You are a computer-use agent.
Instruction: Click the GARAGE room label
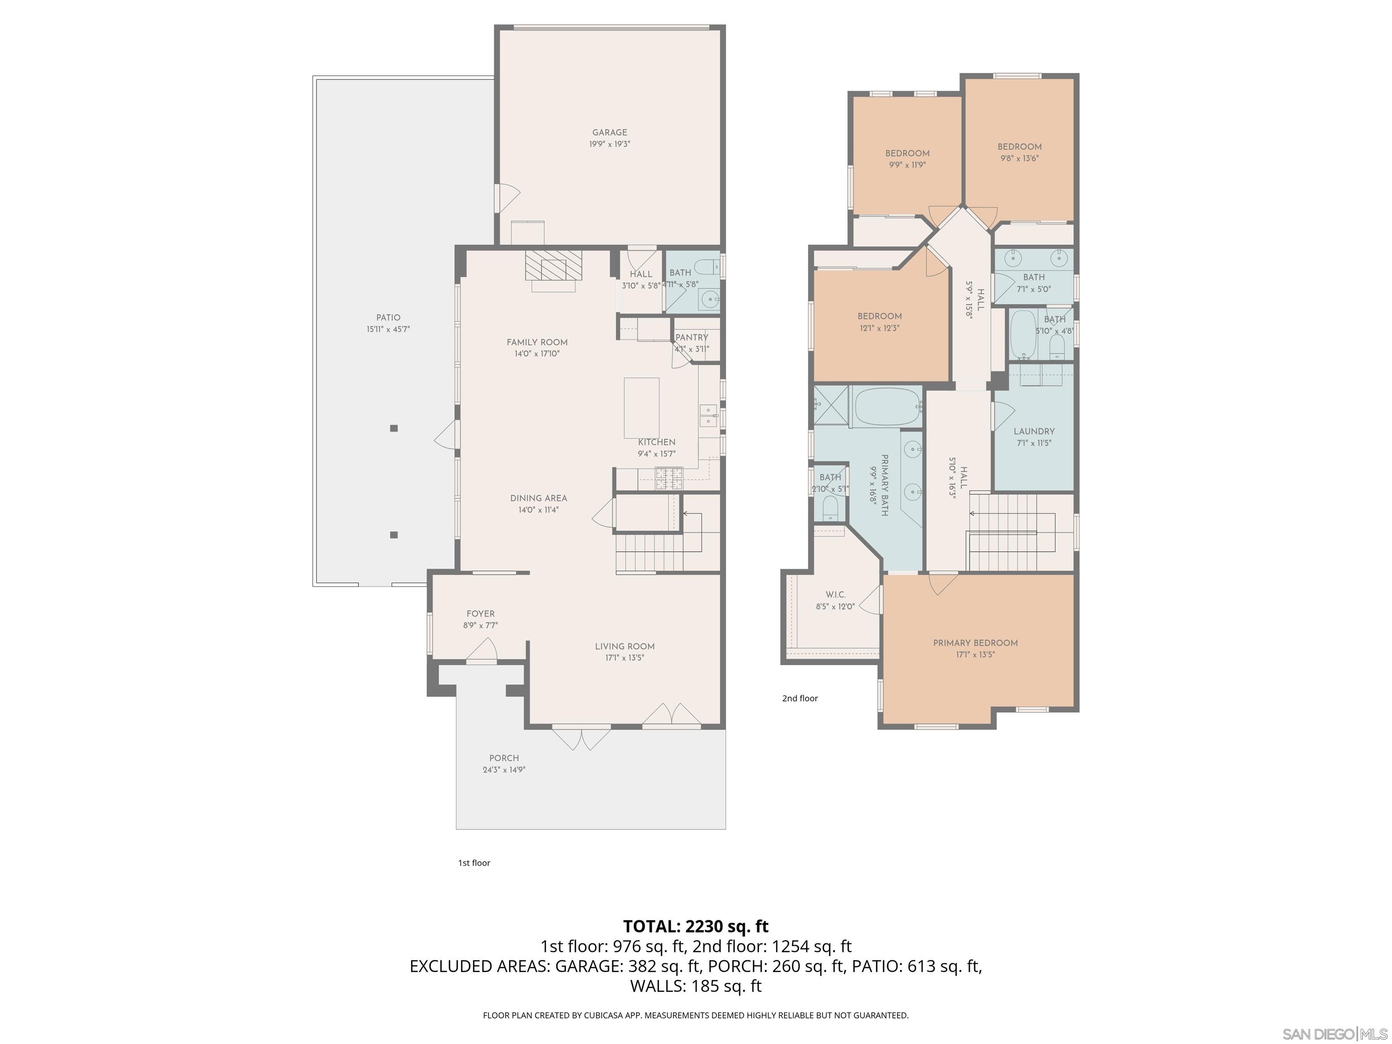click(x=609, y=132)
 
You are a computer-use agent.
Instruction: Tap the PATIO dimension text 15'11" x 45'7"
click(x=388, y=329)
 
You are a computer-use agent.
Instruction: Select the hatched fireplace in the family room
click(x=554, y=265)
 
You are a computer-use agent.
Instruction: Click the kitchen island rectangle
click(x=641, y=407)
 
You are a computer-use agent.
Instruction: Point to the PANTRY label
click(x=691, y=337)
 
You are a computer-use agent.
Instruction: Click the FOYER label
click(x=480, y=614)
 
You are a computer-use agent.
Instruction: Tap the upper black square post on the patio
click(x=394, y=428)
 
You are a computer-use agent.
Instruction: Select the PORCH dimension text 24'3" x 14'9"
click(x=503, y=769)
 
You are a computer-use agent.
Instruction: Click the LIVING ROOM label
click(x=624, y=646)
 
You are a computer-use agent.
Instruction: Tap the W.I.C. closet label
click(x=835, y=594)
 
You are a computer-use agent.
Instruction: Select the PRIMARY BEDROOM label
click(x=975, y=643)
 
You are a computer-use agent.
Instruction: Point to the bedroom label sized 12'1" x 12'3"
click(x=879, y=317)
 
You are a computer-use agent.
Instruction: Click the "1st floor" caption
click(x=474, y=863)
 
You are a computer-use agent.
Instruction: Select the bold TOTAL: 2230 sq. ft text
click(x=696, y=926)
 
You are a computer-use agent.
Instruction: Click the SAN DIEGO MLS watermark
click(x=1335, y=1034)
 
